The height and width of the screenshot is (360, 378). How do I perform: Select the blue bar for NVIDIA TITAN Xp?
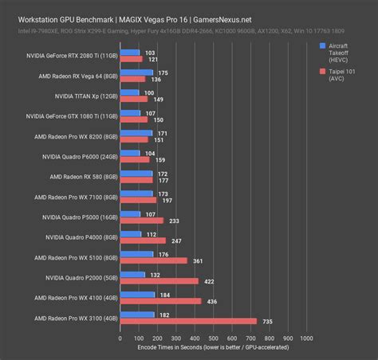(129, 93)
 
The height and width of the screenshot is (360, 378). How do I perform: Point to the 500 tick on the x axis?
(212, 338)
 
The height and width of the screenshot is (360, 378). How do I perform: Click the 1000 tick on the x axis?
(304, 338)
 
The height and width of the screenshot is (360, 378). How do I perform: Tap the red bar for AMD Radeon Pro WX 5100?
(153, 260)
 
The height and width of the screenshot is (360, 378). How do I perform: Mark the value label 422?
(209, 281)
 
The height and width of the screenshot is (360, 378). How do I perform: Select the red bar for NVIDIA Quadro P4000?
(143, 240)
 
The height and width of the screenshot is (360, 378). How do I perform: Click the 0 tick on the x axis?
(120, 338)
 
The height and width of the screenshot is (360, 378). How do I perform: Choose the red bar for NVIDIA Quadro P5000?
(142, 221)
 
